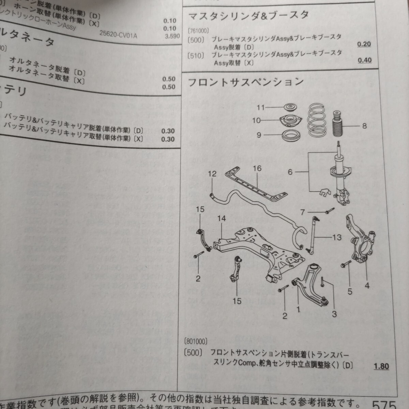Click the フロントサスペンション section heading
(x=245, y=82)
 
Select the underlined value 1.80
(x=381, y=366)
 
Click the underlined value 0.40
(x=364, y=60)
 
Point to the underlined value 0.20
(x=364, y=44)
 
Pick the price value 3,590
(x=172, y=36)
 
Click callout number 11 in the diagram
(x=261, y=108)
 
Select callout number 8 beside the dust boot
(x=364, y=126)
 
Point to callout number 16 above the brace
(x=257, y=168)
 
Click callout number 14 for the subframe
(x=222, y=218)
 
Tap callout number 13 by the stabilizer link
(x=337, y=237)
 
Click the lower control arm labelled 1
(x=308, y=283)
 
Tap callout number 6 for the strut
(x=290, y=172)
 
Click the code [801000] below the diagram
(x=196, y=341)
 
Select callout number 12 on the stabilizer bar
(x=212, y=174)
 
